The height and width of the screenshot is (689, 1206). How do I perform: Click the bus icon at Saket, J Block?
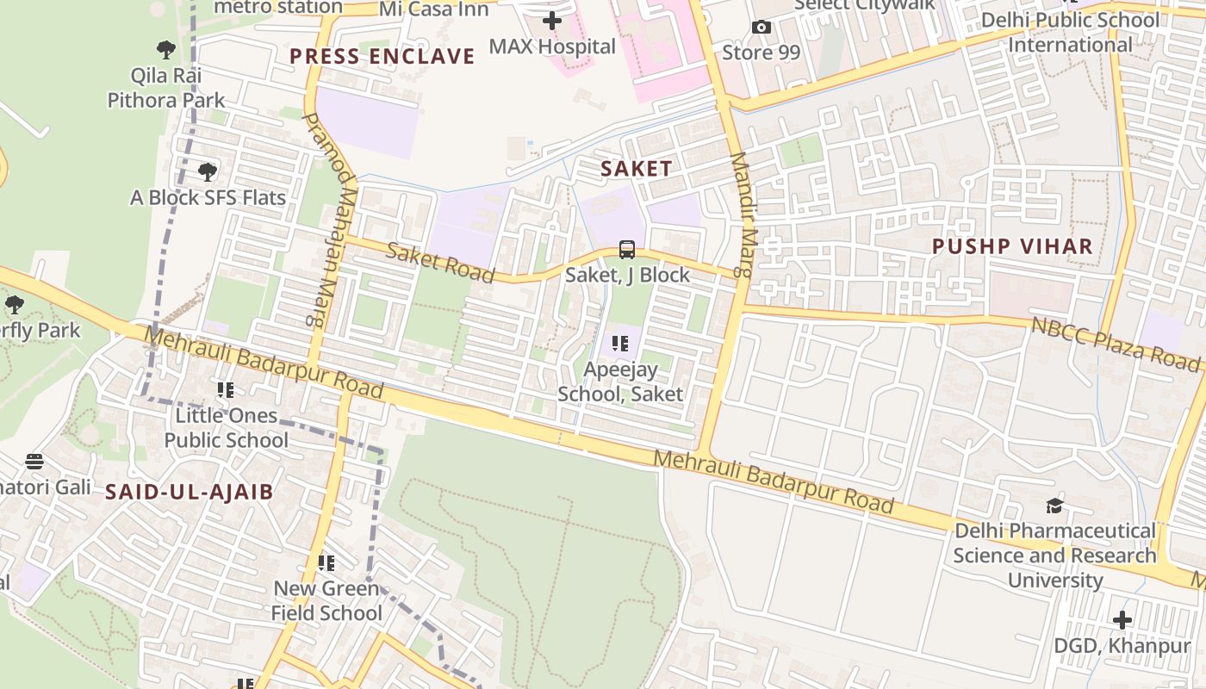tap(627, 250)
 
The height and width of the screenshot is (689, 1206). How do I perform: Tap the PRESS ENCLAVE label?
tap(382, 57)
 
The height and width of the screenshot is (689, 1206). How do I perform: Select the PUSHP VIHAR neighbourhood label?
tap(1012, 246)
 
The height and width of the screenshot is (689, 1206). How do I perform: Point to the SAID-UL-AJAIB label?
tap(189, 493)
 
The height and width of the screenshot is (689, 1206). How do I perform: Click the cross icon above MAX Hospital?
tap(552, 21)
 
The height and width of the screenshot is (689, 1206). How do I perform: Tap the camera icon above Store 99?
tap(761, 28)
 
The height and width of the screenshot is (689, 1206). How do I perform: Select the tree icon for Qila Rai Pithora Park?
tap(166, 50)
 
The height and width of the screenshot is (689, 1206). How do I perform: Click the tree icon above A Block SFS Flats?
tap(208, 172)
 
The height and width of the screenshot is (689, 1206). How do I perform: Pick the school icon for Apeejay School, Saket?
tap(620, 344)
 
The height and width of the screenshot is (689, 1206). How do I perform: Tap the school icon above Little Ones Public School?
tap(226, 390)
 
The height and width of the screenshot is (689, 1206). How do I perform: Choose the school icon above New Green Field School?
tap(326, 563)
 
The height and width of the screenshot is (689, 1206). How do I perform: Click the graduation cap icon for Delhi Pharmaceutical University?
tap(1054, 506)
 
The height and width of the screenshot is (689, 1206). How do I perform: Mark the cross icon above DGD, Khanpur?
tap(1122, 619)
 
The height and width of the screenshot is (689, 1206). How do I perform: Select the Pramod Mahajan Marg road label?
tap(326, 219)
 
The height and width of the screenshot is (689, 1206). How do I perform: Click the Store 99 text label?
tap(761, 53)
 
